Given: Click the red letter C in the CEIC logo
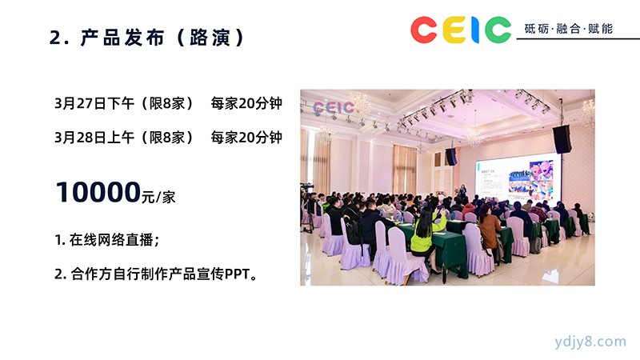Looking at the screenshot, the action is [x=424, y=30].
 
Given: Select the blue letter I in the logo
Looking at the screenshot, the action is [x=475, y=30].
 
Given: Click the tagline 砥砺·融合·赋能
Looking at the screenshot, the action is [x=569, y=29].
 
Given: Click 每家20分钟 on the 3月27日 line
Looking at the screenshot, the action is [x=246, y=103].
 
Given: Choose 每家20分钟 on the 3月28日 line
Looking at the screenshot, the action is [x=246, y=138].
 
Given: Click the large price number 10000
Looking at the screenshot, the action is [x=98, y=192].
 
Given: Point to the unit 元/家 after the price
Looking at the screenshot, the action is [x=158, y=197].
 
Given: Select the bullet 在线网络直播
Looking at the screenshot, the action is [x=111, y=239].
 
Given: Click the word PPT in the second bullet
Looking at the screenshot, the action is [x=237, y=274].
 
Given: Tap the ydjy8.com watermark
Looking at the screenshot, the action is [x=590, y=342].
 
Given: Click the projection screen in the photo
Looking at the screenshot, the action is [x=518, y=178].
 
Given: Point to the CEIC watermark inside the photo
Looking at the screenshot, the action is [x=333, y=107].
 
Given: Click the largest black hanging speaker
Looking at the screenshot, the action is [x=562, y=139].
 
